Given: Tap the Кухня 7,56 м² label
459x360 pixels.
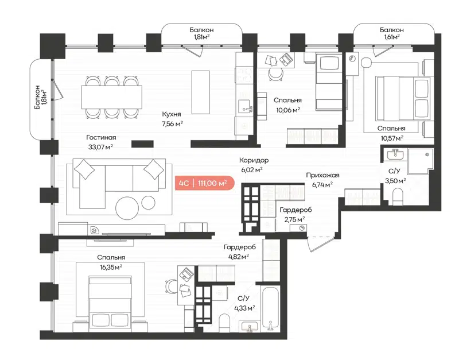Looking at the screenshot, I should coord(172,118).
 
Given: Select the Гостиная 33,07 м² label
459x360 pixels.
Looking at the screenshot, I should coord(101,142).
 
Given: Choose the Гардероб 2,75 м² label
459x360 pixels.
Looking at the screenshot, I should coord(291,214).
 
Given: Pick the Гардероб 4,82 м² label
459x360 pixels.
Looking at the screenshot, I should coord(236,251).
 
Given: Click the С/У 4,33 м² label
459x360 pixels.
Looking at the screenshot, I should coord(243,303).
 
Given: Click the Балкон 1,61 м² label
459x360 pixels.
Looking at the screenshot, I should coord(392,33).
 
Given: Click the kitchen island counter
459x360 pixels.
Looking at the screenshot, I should coord(201,90).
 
